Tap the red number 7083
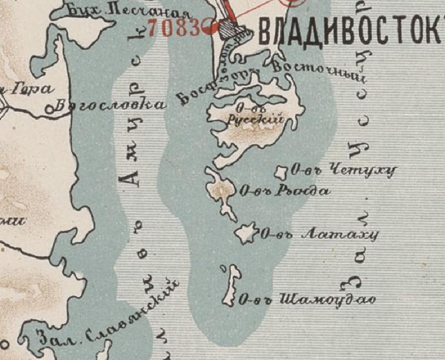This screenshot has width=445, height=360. coord(174,28)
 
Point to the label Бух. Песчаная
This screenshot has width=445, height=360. coord(128,11)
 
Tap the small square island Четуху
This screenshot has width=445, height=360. coord(281,172)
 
